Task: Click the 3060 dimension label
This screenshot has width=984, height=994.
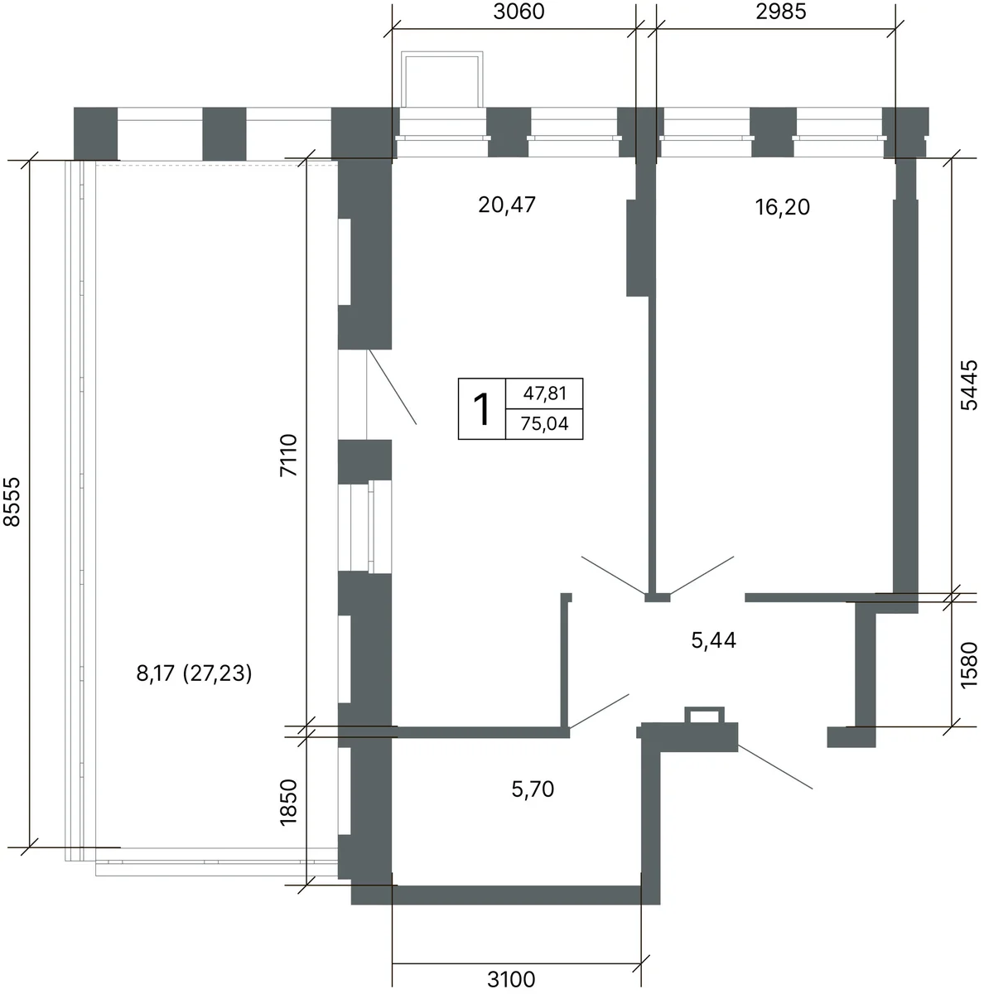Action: [x=518, y=12]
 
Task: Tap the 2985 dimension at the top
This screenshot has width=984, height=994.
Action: [x=780, y=12]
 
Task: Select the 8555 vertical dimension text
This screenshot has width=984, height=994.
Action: [x=12, y=501]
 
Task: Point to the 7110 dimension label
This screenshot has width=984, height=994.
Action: [x=288, y=455]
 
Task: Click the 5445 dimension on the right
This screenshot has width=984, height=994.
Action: [x=968, y=385]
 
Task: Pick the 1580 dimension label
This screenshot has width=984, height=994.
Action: [x=968, y=665]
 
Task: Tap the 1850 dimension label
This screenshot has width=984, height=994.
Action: [x=288, y=802]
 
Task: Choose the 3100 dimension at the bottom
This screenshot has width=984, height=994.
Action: [x=511, y=979]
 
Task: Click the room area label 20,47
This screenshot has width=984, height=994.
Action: [x=507, y=205]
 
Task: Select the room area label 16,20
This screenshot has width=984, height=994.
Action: [x=782, y=207]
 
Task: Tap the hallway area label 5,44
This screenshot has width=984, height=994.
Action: [x=714, y=640]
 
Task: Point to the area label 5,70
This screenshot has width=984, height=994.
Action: [x=533, y=789]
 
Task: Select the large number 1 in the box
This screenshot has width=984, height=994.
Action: [x=481, y=409]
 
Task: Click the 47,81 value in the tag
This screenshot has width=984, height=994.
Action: [x=544, y=393]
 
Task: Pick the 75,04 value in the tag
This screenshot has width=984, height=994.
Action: [x=544, y=423]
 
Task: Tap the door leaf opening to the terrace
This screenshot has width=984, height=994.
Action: [x=393, y=387]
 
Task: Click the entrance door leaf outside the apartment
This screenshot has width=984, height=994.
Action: [x=775, y=766]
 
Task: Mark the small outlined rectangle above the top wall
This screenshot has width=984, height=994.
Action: [x=441, y=79]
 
